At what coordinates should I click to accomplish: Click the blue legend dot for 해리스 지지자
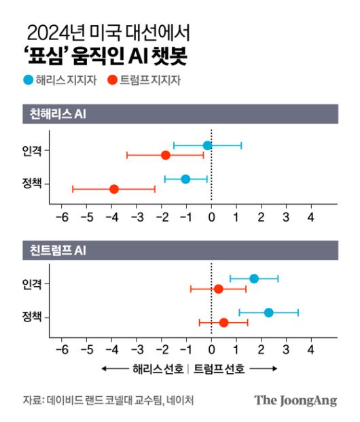27,80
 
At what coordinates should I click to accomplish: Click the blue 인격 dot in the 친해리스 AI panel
207,145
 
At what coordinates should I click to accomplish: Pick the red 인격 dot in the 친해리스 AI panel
166,156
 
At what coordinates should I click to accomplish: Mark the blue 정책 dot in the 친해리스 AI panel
185,179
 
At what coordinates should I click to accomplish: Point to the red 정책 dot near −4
114,189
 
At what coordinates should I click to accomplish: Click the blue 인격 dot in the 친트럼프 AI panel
254,279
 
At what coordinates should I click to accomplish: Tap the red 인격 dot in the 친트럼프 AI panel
218,289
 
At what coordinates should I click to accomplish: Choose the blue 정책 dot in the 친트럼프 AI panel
268,313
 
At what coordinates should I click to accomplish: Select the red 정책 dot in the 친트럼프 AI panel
223,323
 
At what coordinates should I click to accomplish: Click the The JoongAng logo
295,400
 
